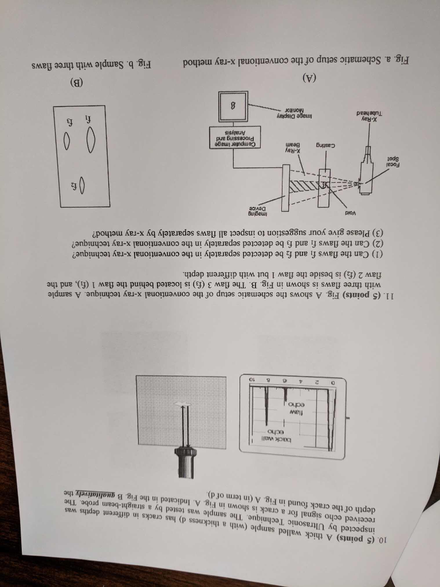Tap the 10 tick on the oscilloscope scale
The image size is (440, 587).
[x=250, y=379]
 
